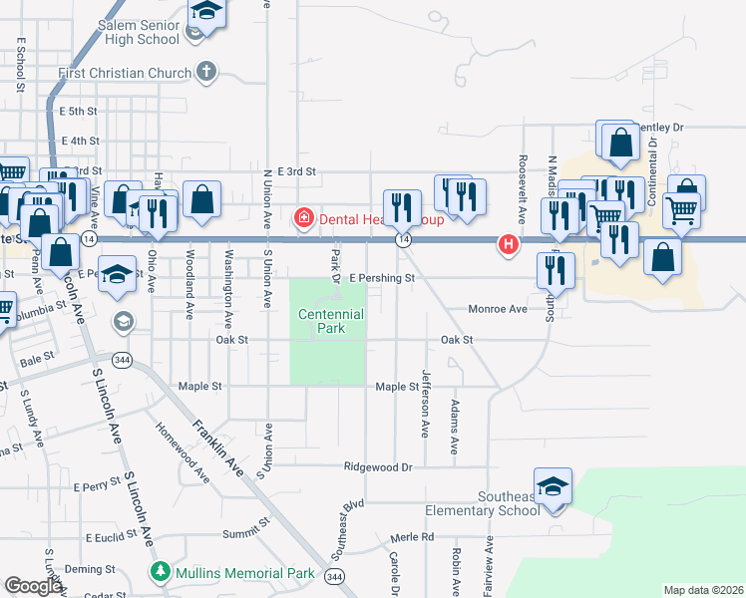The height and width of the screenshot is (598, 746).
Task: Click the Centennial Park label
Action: pyautogui.click(x=330, y=321)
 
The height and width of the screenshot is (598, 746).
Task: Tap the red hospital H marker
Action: pyautogui.click(x=509, y=243)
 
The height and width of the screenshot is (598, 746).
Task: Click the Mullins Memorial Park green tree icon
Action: pyautogui.click(x=158, y=572)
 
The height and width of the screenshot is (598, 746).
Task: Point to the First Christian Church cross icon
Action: pyautogui.click(x=206, y=72)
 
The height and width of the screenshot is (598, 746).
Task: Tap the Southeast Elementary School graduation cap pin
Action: pyautogui.click(x=553, y=487)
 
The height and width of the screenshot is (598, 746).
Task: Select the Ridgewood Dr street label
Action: pyautogui.click(x=378, y=466)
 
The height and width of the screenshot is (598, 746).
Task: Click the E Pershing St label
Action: pyautogui.click(x=381, y=279)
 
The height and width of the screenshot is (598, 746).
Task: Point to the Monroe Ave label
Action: pyautogui.click(x=498, y=310)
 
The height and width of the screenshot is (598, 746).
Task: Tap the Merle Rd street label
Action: pyautogui.click(x=413, y=536)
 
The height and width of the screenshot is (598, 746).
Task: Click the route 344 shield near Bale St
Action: pyautogui.click(x=122, y=359)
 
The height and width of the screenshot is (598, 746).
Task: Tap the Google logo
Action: pyautogui.click(x=33, y=586)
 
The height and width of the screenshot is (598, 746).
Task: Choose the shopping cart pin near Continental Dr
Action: pyautogui.click(x=681, y=210)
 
